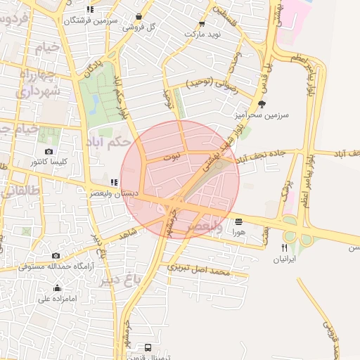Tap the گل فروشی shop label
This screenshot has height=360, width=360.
(x=139, y=27)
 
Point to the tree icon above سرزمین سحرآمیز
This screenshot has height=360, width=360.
(x=262, y=103)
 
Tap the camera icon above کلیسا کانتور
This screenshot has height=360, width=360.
(x=49, y=152)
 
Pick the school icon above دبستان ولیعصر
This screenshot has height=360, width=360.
(x=113, y=182)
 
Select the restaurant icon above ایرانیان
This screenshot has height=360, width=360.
(x=285, y=247)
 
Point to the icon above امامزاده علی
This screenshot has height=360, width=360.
(x=57, y=288)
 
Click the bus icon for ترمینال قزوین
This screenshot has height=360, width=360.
(x=148, y=347)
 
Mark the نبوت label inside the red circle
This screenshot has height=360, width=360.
(x=172, y=160)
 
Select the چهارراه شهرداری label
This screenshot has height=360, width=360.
(x=39, y=82)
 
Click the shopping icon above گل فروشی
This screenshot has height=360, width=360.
(x=139, y=16)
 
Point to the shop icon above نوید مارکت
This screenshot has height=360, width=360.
(x=202, y=23)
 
